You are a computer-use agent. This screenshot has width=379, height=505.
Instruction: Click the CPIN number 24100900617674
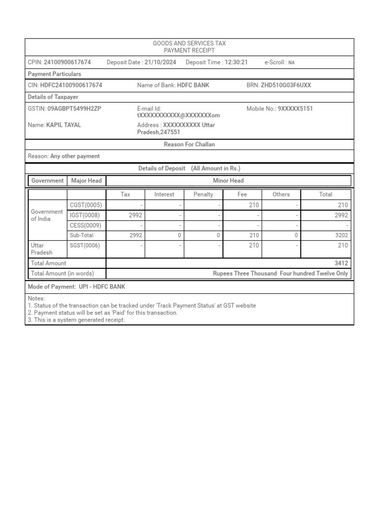pyautogui.click(x=67, y=62)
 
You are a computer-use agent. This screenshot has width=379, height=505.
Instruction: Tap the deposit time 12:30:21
pyautogui.click(x=236, y=62)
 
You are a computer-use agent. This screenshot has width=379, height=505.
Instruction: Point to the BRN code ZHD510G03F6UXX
pyautogui.click(x=286, y=85)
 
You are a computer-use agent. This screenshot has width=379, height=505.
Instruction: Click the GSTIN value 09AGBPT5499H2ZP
pyautogui.click(x=74, y=108)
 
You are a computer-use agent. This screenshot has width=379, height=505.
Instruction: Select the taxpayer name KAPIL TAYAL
pyautogui.click(x=63, y=125)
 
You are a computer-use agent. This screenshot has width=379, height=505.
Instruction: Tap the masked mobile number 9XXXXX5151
pyautogui.click(x=295, y=108)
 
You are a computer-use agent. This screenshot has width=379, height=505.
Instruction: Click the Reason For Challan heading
pyautogui.click(x=189, y=144)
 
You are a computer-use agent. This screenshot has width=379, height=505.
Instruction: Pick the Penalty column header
pyautogui.click(x=203, y=194)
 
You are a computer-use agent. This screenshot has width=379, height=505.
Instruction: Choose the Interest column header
pyautogui.click(x=164, y=194)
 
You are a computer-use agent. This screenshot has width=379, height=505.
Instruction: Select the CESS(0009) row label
pyautogui.click(x=85, y=225)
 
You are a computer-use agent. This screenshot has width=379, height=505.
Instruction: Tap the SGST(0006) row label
pyautogui.click(x=85, y=245)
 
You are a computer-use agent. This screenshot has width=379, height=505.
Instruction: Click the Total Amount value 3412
pyautogui.click(x=341, y=263)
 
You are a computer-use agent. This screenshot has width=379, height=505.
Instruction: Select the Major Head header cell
pyautogui.click(x=86, y=180)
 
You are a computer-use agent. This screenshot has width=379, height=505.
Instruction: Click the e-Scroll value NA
pyautogui.click(x=292, y=63)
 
